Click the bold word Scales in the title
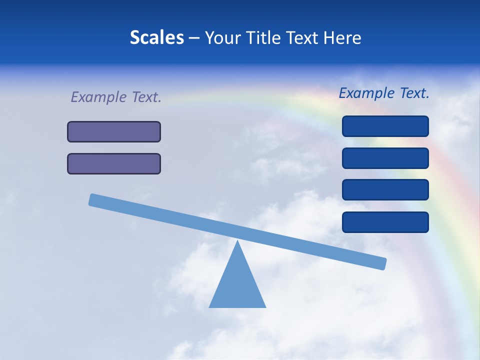(157, 37)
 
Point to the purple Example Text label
(116, 97)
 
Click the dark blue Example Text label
(384, 93)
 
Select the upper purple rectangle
(114, 131)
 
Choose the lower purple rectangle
(114, 163)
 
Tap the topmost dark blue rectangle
(385, 126)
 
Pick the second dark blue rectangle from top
(385, 158)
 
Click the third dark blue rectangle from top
(385, 189)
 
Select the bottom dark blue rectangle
(385, 222)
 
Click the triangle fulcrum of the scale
(237, 285)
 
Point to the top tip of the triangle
(237, 242)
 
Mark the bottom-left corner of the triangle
(210, 306)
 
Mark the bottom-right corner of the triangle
(265, 306)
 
